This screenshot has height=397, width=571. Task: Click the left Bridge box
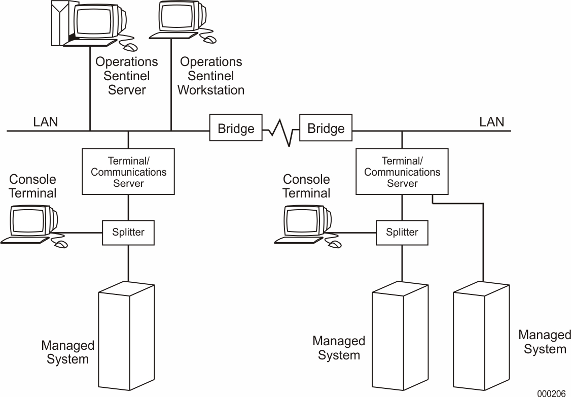(236, 128)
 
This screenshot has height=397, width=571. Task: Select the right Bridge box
(326, 128)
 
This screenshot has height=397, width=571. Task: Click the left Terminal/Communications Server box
(128, 172)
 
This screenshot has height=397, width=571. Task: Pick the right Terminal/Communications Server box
(402, 172)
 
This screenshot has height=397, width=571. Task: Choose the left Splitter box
(128, 233)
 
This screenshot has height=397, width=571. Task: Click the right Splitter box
(402, 233)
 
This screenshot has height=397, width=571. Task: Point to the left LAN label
(46, 122)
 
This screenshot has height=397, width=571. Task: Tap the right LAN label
(491, 122)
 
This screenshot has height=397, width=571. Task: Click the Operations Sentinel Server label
(127, 76)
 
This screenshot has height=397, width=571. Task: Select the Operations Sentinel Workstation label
(211, 76)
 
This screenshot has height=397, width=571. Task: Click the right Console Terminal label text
(306, 186)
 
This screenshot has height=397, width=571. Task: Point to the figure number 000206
(552, 393)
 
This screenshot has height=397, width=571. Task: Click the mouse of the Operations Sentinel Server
(131, 47)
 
